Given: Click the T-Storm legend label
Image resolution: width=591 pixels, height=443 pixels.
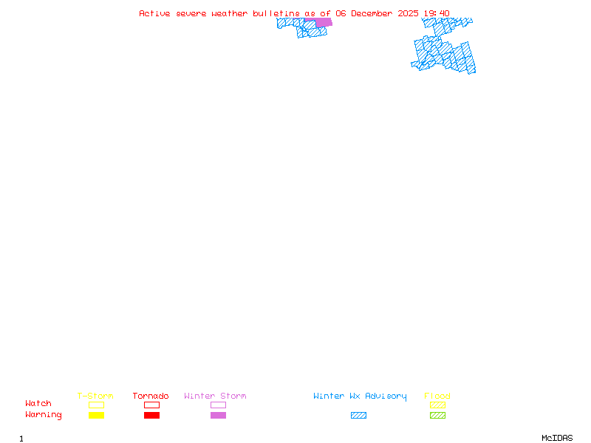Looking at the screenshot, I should tap(95, 396).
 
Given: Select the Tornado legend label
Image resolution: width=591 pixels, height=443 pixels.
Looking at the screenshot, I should tap(151, 396).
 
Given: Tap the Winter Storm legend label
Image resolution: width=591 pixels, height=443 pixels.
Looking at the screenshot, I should tap(215, 396).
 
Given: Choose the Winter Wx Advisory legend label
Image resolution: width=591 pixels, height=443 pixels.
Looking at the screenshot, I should tap(360, 396).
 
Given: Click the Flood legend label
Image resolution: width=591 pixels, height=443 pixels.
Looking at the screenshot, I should tap(437, 396).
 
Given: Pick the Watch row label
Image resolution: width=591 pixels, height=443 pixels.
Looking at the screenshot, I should tap(38, 404).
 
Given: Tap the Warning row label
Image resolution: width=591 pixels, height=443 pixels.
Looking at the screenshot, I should tap(44, 415).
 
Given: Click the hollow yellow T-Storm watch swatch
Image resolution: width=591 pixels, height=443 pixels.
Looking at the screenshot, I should tap(96, 405).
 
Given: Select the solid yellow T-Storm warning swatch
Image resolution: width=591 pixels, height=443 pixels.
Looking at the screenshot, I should tap(96, 416).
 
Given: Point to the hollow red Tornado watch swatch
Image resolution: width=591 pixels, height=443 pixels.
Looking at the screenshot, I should tap(151, 405).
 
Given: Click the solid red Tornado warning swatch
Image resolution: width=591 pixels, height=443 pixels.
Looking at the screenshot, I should tap(151, 416).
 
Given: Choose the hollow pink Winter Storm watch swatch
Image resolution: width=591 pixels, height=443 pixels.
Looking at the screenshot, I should tap(218, 405).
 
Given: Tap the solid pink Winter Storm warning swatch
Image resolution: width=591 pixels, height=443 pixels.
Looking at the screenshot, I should tap(218, 416).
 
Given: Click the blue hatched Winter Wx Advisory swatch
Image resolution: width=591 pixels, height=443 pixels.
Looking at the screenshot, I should tap(358, 416).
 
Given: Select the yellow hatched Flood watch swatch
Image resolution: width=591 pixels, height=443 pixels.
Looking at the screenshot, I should tap(437, 405).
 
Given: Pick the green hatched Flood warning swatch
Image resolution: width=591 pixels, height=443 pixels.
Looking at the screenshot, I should tap(437, 416).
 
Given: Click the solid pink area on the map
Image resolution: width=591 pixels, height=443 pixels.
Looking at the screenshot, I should tap(324, 22).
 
